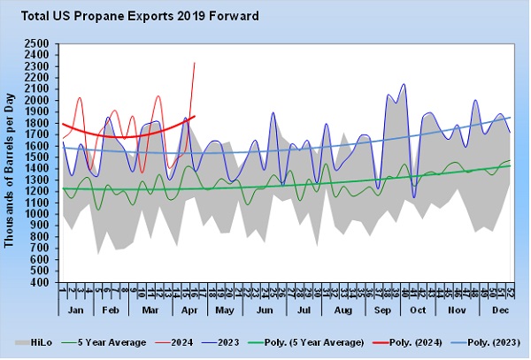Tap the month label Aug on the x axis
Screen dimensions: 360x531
tap(342, 312)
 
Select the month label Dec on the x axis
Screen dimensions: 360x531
tap(500, 312)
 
